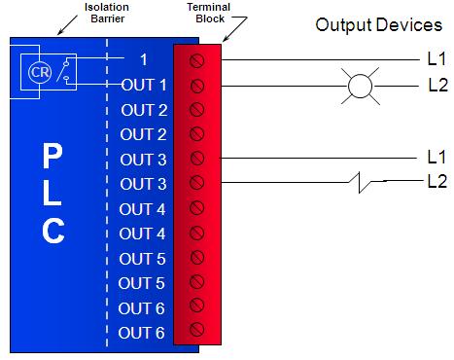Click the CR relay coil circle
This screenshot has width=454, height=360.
point(40,72)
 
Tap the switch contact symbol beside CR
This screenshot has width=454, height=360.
point(63,69)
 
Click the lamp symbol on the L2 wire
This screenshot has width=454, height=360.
point(360,86)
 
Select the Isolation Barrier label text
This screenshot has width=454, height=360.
point(107,13)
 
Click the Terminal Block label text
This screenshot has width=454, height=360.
point(209,13)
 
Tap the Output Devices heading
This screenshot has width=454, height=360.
point(378,25)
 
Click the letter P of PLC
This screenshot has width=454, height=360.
point(52,157)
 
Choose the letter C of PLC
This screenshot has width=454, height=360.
point(53,231)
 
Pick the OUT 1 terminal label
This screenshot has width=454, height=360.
point(144,85)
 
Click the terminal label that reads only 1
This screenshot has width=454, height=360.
point(144,59)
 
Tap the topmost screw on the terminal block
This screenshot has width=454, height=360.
point(196,60)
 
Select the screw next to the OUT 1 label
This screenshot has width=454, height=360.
point(196,86)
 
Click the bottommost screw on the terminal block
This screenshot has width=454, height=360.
point(196,329)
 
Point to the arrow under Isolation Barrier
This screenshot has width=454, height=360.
point(67,25)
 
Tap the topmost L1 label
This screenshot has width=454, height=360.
point(437,59)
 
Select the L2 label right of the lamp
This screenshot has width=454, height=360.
point(437,85)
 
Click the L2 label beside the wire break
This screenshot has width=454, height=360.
point(437,181)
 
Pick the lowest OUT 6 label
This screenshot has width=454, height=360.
point(141,333)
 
